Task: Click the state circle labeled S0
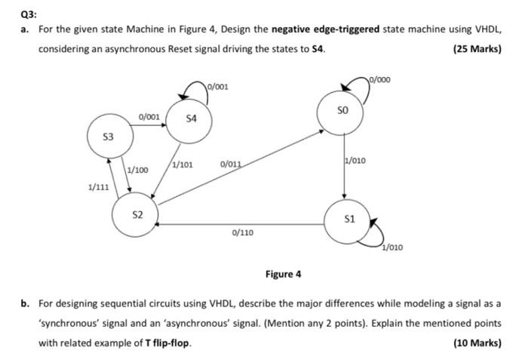[343, 111]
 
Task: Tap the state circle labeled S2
[137, 215]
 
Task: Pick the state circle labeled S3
[109, 137]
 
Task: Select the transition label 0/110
[242, 233]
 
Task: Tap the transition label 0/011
[231, 164]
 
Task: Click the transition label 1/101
[183, 164]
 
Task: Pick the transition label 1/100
[138, 170]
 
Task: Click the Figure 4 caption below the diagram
[283, 274]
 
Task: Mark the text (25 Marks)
[477, 49]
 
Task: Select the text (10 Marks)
[477, 342]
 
